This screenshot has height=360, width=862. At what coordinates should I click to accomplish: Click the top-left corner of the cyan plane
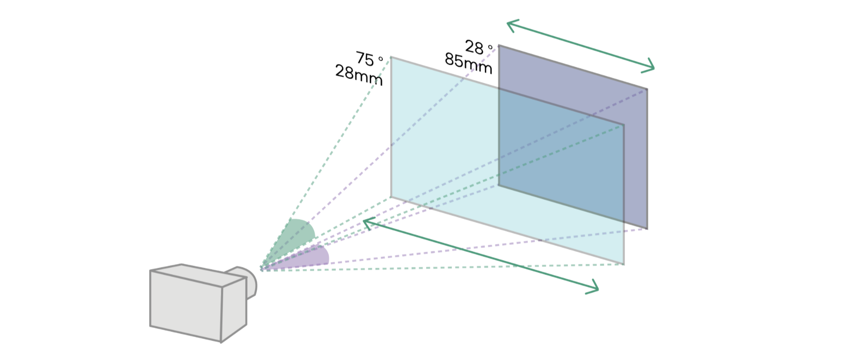tap(391, 56)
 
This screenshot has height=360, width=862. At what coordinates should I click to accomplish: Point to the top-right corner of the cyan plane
tap(624, 125)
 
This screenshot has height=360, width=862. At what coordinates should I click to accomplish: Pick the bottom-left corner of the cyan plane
tap(391, 197)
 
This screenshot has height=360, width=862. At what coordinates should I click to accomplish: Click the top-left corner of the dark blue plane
tap(499, 45)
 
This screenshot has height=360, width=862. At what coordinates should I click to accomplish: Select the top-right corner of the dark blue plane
tap(647, 88)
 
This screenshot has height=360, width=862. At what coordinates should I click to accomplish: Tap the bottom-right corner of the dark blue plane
tap(647, 229)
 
